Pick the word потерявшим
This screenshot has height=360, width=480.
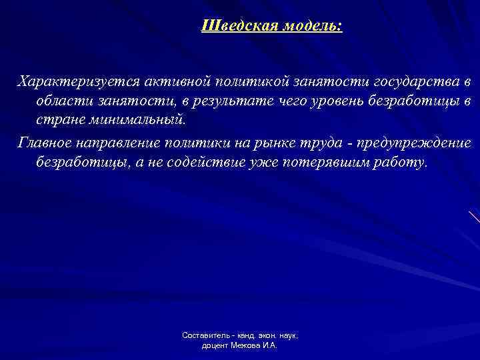pos(335,163)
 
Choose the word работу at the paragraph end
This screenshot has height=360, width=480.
pos(401,163)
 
